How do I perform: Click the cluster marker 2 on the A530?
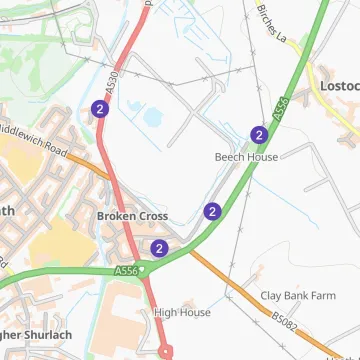(99, 109)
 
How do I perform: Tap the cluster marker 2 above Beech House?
(259, 135)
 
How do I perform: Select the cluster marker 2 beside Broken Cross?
(159, 248)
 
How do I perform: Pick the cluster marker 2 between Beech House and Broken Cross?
(212, 211)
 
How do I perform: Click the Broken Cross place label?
(132, 216)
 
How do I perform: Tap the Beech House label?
(246, 157)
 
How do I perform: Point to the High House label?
(182, 312)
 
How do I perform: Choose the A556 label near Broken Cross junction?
(125, 271)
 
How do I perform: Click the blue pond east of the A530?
(156, 118)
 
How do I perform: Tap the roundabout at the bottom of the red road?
(164, 351)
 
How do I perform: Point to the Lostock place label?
(339, 86)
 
